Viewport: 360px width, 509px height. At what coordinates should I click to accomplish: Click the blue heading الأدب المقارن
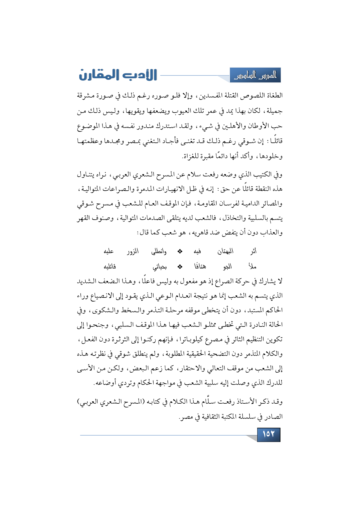[118, 75]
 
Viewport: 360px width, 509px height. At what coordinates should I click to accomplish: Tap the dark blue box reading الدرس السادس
[255, 75]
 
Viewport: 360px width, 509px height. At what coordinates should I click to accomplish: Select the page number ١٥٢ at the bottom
[269, 434]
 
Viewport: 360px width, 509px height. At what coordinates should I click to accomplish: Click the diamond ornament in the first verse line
[180, 251]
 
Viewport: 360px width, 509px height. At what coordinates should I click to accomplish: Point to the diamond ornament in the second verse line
[180, 266]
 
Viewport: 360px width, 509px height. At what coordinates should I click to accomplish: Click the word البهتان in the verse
[226, 251]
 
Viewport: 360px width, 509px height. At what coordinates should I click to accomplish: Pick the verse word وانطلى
[159, 251]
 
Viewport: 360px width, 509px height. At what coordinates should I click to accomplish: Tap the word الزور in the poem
[133, 251]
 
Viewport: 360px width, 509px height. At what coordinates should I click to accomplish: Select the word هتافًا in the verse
[200, 266]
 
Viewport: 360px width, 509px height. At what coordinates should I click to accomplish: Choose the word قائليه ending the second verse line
[110, 266]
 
